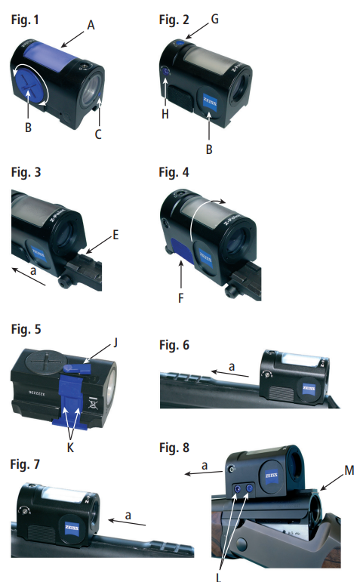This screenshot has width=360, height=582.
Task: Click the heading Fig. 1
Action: coord(22,16)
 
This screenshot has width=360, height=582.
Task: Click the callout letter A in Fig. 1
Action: coord(91,25)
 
